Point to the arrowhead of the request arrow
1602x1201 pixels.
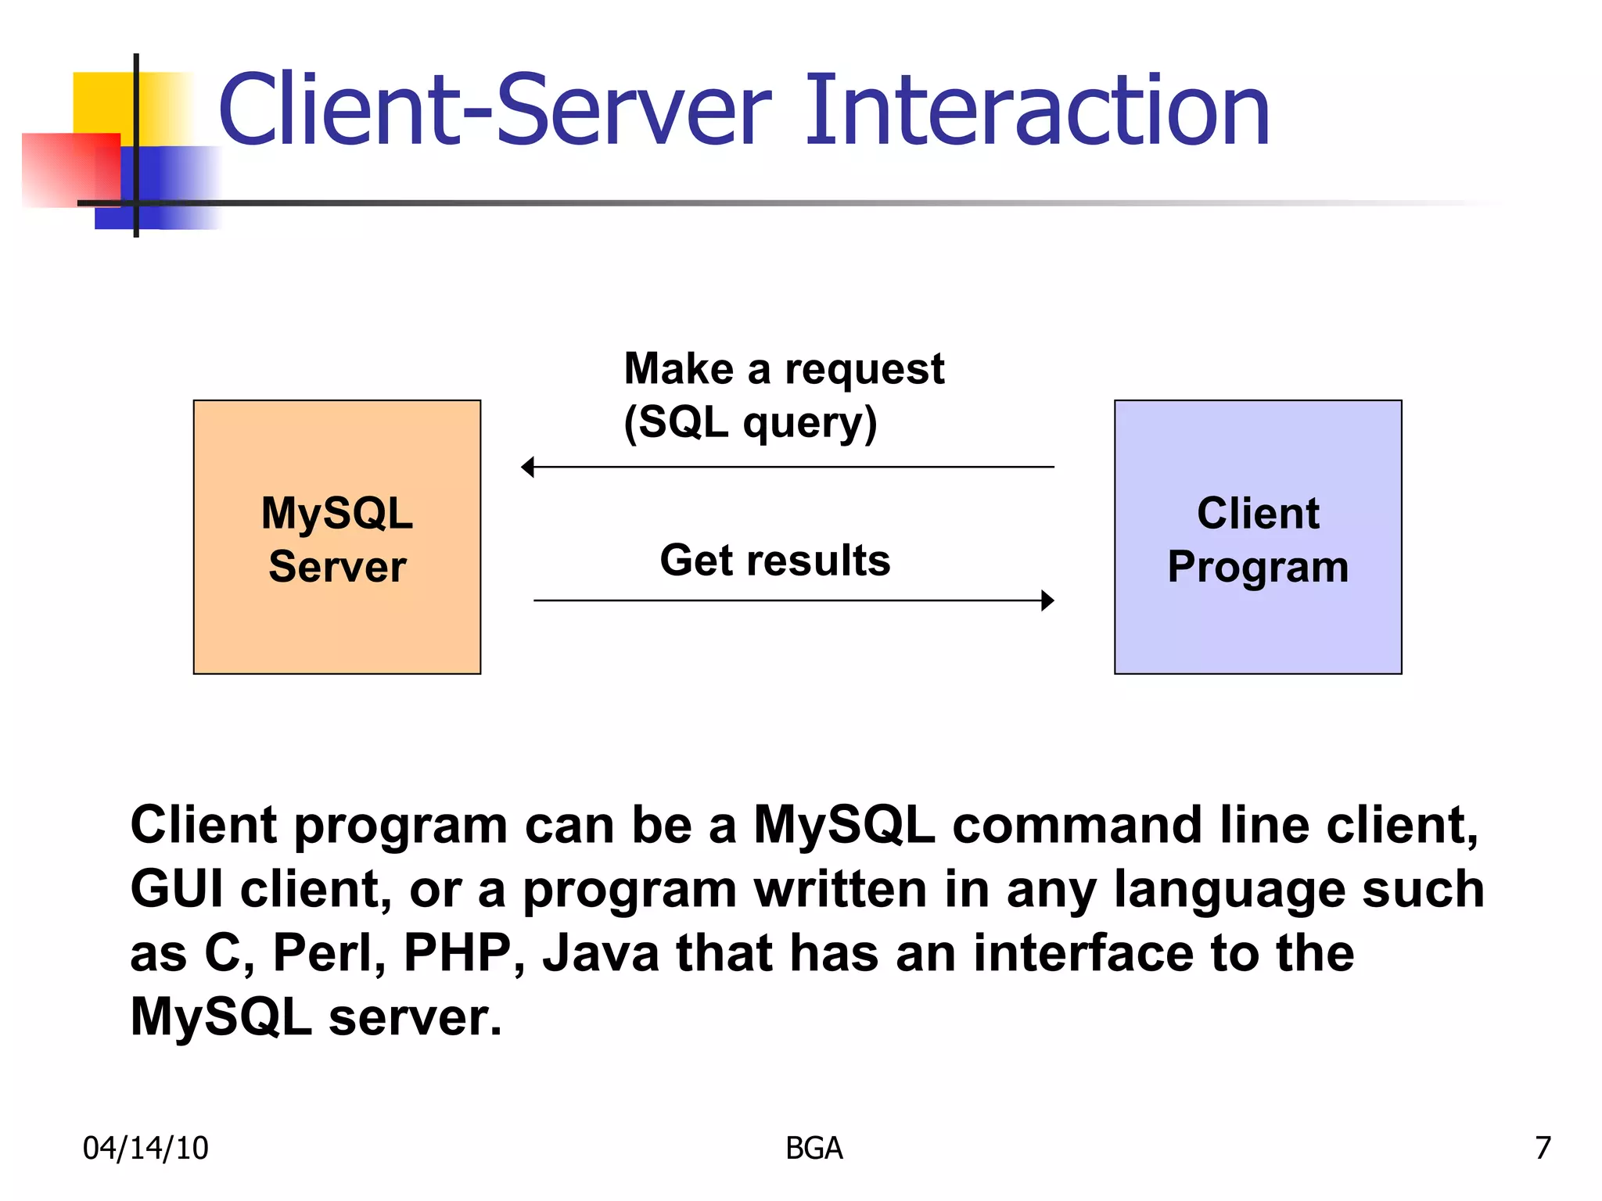528,467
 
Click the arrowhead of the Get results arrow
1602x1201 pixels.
1047,600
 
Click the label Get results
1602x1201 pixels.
774,561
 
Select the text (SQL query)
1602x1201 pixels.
749,423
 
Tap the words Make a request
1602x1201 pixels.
783,368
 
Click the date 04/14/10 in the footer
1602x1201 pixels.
145,1148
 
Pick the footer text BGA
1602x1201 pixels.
814,1148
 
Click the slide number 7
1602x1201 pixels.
1542,1148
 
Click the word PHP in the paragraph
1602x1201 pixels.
457,953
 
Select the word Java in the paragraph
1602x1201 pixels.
601,953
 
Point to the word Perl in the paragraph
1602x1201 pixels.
329,953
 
